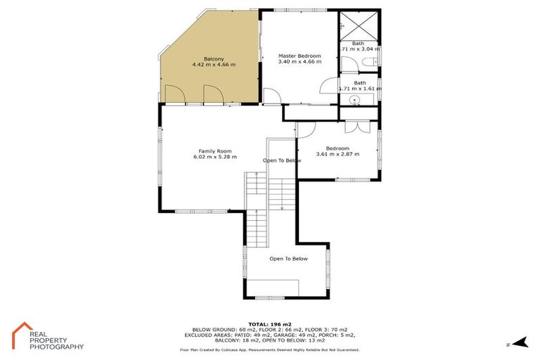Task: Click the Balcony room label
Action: coord(214,58)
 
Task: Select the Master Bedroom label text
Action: coord(300,56)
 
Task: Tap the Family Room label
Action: coord(214,151)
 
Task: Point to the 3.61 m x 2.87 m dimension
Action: coord(337,154)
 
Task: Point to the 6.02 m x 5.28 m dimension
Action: coord(214,157)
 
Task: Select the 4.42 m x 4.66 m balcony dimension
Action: coord(214,64)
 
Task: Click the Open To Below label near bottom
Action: coord(288,259)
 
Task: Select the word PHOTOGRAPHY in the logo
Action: coord(56,347)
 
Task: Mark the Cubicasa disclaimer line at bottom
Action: coord(269,349)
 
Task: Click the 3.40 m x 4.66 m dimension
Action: coord(300,61)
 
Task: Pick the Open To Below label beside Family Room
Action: coord(282,160)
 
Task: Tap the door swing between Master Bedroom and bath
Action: coord(328,86)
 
